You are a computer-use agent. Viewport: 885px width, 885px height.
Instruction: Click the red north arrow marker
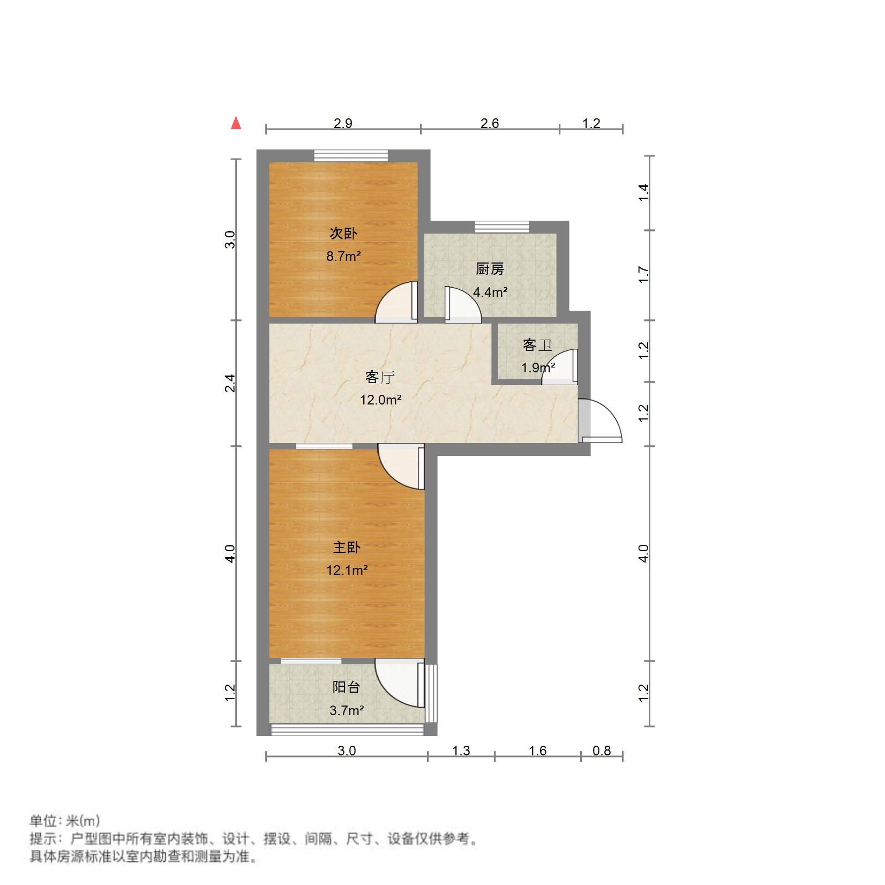pos(236,123)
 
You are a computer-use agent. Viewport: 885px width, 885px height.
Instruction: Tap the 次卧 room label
pos(343,234)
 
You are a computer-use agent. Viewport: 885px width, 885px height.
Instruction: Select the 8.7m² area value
pos(343,256)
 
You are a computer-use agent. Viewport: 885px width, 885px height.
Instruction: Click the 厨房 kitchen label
pos(490,269)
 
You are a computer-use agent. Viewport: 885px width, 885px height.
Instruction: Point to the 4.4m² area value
pos(490,292)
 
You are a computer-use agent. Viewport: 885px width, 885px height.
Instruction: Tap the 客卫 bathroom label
pos(537,345)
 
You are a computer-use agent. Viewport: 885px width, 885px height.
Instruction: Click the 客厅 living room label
pos(380,377)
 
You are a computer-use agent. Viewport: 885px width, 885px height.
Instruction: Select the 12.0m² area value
pos(380,400)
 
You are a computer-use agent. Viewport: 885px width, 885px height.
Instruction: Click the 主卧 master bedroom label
pos(347,547)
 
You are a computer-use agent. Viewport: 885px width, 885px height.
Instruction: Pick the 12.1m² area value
pos(347,570)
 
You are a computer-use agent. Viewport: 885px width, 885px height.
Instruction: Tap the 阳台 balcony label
pos(346,687)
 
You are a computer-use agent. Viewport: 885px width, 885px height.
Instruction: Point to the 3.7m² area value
pos(346,710)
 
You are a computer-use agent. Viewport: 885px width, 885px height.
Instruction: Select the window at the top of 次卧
pos(350,155)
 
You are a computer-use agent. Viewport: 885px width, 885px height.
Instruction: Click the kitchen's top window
pos(501,226)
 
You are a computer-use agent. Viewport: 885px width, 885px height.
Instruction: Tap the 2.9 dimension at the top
pos(343,123)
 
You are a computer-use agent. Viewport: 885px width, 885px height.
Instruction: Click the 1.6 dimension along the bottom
pos(537,751)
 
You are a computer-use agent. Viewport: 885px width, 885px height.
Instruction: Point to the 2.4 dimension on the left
pos(230,383)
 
